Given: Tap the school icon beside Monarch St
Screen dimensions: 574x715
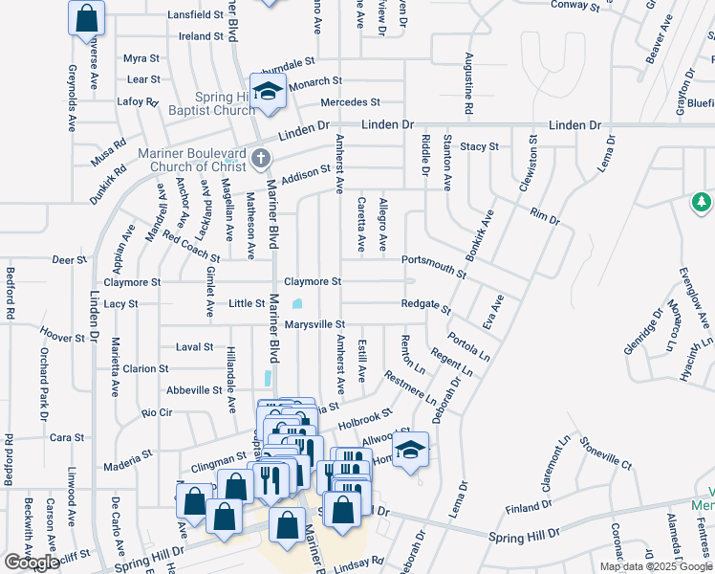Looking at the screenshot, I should (x=269, y=91).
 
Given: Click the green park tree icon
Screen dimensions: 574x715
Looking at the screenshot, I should (x=702, y=201).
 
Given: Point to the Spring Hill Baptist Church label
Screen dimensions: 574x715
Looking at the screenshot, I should (x=212, y=103).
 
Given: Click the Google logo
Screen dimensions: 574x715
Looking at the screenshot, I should (x=32, y=563).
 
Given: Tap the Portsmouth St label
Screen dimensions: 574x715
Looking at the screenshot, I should (x=434, y=265).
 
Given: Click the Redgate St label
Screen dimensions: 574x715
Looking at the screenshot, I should (x=426, y=305).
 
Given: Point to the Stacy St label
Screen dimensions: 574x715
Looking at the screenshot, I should (x=479, y=146).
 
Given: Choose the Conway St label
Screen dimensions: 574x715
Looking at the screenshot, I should (x=575, y=6).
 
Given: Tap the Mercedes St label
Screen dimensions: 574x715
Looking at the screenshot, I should (x=351, y=101).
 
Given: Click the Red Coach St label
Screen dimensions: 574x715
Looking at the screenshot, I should (x=191, y=247).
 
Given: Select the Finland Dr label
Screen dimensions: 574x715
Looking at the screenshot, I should (x=524, y=508).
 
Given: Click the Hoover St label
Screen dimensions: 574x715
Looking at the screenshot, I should (x=64, y=336).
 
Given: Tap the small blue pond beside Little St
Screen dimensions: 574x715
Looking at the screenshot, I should (x=297, y=304).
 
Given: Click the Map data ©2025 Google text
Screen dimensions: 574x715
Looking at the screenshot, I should (x=655, y=566).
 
